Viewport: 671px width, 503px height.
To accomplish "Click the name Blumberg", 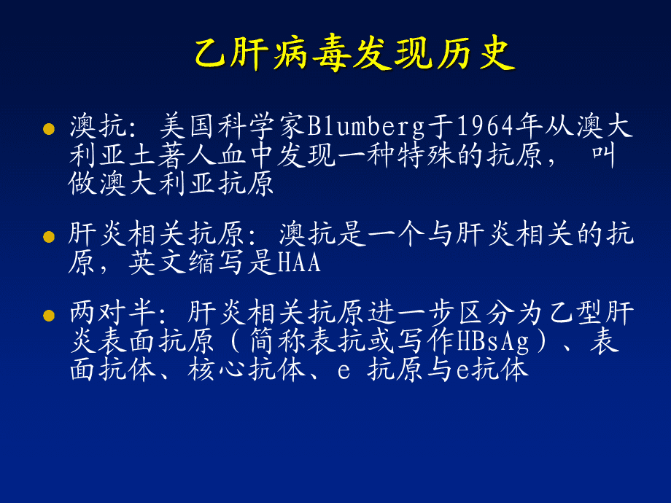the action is point(366,127).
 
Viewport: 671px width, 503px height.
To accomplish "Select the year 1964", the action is point(485,126).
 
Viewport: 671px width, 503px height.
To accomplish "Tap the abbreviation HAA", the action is point(299,262).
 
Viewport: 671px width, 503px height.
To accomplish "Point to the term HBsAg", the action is point(494,341).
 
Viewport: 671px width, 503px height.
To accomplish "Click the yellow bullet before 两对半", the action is point(49,316).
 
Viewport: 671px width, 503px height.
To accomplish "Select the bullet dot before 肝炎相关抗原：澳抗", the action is point(49,236).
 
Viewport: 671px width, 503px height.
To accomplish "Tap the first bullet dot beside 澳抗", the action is point(49,129).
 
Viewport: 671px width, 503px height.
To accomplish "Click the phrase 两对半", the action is point(112,313).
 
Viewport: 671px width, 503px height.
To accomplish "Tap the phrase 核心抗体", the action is point(247,370).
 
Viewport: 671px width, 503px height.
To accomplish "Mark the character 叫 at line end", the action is point(604,155).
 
